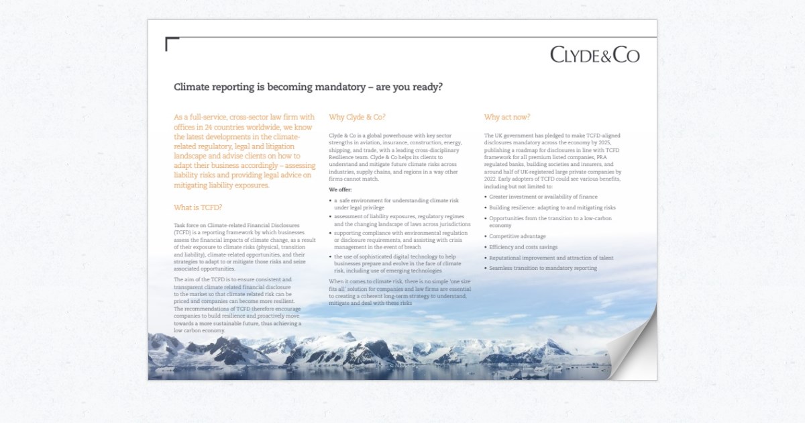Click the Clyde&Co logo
coord(594,54)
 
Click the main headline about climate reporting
coord(308,87)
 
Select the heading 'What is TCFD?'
coord(198,207)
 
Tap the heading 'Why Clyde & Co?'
coord(357,117)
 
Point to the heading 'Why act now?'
coord(507,117)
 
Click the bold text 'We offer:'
coord(340,190)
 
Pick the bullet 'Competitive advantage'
coord(517,236)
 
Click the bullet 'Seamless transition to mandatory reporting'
coord(543,269)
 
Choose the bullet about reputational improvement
coord(551,258)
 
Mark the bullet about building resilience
coord(552,207)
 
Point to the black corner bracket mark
coord(171,44)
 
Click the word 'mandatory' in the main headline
coord(321,87)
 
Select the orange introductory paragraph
coord(244,151)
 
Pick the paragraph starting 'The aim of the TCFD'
coord(238,304)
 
